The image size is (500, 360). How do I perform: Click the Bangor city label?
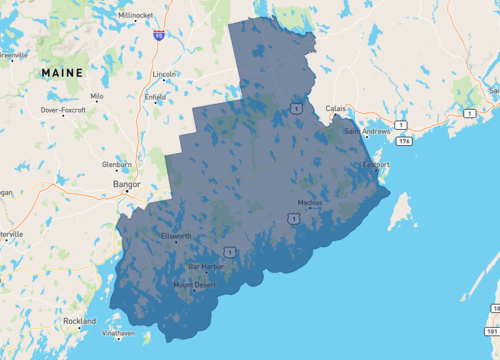coord(128,184)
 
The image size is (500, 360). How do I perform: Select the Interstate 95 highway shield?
coord(158,34)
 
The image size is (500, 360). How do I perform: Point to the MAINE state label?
coord(61,73)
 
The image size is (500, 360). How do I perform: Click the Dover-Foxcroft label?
coord(64,109)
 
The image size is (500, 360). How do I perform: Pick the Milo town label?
coord(97,96)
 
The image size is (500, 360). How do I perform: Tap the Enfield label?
coord(155,97)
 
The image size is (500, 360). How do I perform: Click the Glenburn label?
coord(116,163)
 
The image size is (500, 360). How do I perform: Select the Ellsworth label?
coord(176,236)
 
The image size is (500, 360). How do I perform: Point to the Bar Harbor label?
coord(206,266)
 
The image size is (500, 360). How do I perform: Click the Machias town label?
coord(310,202)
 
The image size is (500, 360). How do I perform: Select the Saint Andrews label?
coord(367,131)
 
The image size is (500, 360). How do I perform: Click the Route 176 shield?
coord(404,141)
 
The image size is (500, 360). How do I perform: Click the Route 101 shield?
coord(492,330)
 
